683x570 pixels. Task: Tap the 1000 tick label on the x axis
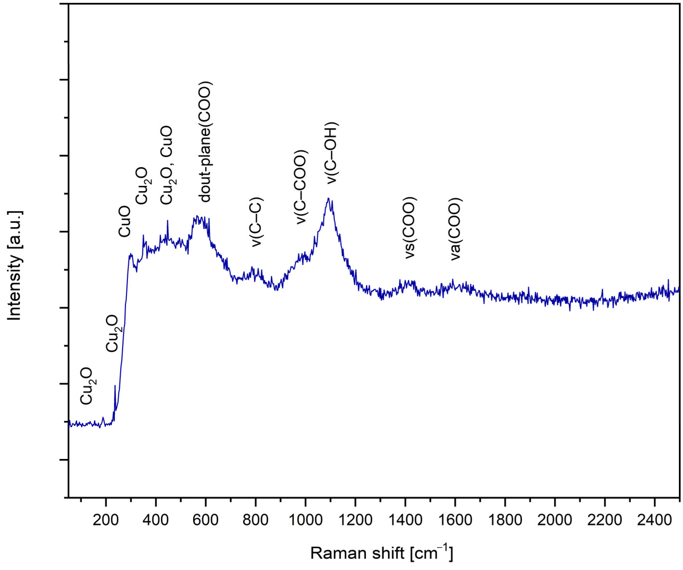click(x=305, y=520)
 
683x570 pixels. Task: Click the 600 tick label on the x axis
click(x=205, y=520)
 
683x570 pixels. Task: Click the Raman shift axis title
click(x=381, y=553)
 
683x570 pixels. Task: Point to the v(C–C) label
click(x=257, y=222)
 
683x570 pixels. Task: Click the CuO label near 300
click(x=125, y=221)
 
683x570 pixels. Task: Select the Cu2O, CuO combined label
click(x=167, y=165)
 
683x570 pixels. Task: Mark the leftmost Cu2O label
click(x=87, y=386)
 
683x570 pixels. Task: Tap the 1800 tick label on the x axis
click(x=505, y=520)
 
